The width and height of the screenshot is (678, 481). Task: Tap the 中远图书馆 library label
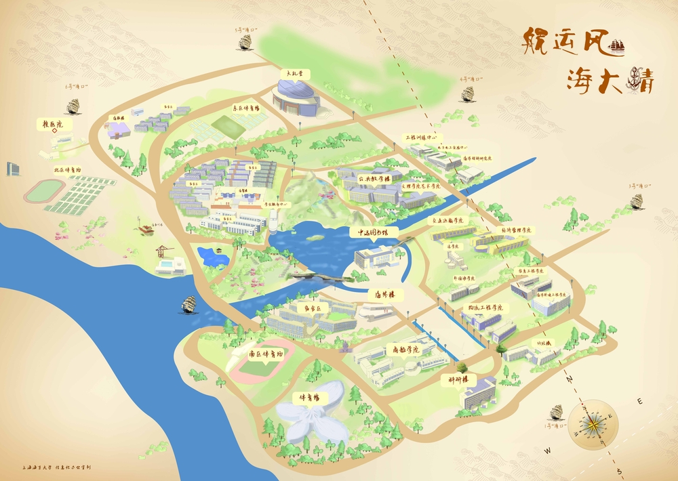click(373, 232)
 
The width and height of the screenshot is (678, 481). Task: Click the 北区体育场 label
click(68, 170)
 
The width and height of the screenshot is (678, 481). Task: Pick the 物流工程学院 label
click(485, 308)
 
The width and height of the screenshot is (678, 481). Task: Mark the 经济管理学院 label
click(516, 230)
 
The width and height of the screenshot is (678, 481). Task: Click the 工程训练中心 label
click(423, 137)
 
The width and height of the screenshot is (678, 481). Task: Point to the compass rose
click(594, 425)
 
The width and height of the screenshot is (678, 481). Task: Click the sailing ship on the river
click(188, 304)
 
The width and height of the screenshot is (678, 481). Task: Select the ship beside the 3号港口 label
click(637, 201)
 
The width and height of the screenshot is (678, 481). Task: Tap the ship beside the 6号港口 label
click(74, 106)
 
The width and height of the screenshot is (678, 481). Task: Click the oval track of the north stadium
click(45, 191)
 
